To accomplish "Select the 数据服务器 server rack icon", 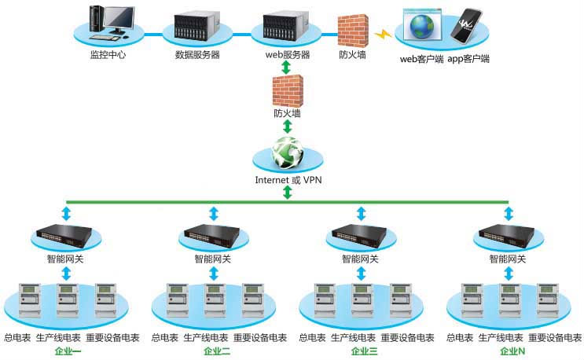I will pos(197,28).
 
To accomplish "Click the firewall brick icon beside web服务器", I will pos(352,29).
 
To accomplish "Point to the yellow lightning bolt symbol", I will pos(384,35).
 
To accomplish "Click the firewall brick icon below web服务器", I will pos(287,91).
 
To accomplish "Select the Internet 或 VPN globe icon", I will pos(288,152).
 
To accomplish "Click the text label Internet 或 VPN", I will pos(287,180).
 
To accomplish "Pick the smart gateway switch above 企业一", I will pos(65,233).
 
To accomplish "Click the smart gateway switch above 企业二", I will pos(212,233).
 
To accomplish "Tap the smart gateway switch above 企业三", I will pos(361,233).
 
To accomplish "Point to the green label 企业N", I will pos(509,351).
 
